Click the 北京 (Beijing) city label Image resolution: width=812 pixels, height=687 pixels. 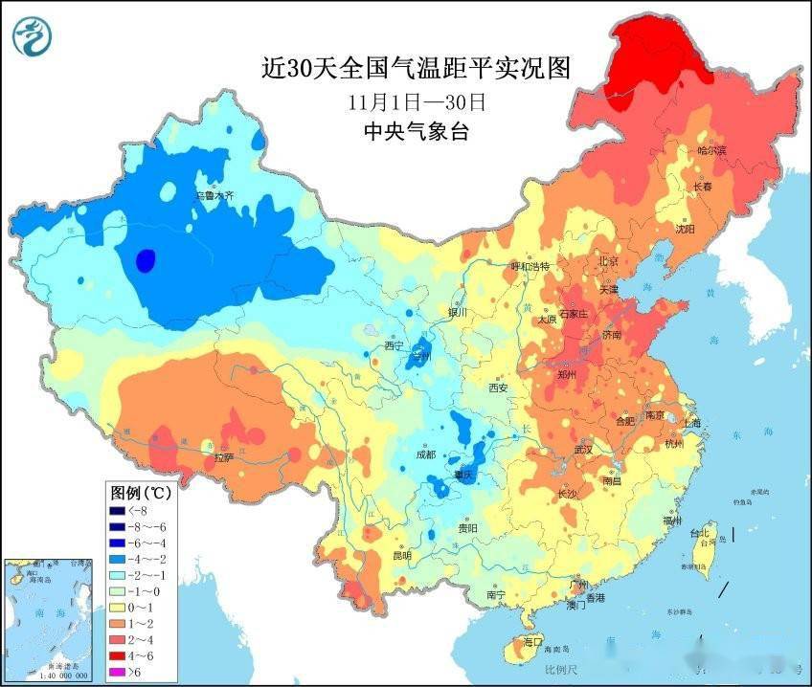point(608,261)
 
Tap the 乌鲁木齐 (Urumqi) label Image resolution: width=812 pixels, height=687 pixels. point(214,196)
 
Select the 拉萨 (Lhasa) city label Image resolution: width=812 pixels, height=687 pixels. point(223,458)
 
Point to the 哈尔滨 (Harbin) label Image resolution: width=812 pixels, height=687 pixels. point(711,150)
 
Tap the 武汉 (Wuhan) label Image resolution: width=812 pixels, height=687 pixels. point(583,449)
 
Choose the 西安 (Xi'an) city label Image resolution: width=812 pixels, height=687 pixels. point(498,388)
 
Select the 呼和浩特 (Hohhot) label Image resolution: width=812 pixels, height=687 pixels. point(530,266)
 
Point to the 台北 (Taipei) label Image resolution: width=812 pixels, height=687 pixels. point(702,534)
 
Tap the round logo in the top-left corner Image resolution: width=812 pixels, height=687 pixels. point(33,36)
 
